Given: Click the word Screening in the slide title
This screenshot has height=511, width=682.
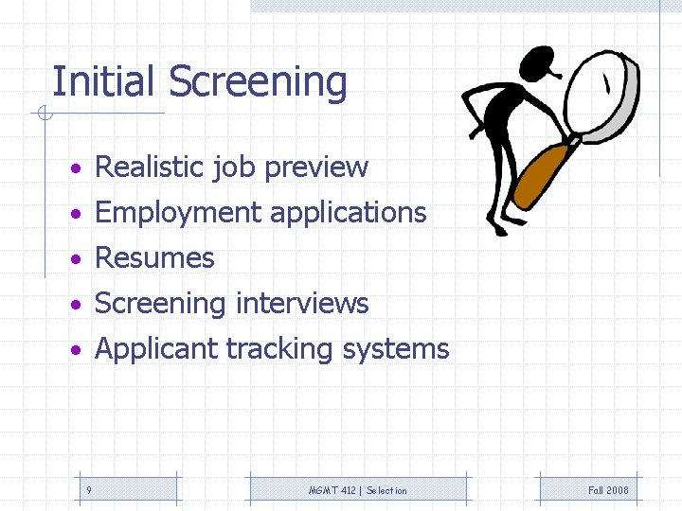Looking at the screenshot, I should (x=258, y=83).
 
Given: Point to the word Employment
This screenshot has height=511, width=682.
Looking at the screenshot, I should (x=179, y=213).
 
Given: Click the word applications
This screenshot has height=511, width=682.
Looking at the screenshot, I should (x=349, y=213).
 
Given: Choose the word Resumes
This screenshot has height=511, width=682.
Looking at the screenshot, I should (x=155, y=257).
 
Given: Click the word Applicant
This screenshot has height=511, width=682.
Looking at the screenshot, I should (x=157, y=349).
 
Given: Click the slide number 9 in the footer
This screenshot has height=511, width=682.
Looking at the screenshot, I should (x=88, y=490).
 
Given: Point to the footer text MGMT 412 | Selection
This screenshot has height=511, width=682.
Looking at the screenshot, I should (x=358, y=490).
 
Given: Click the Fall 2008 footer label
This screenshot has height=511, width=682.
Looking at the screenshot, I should (x=607, y=490).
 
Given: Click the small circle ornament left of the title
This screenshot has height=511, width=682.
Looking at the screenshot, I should (x=43, y=115).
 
